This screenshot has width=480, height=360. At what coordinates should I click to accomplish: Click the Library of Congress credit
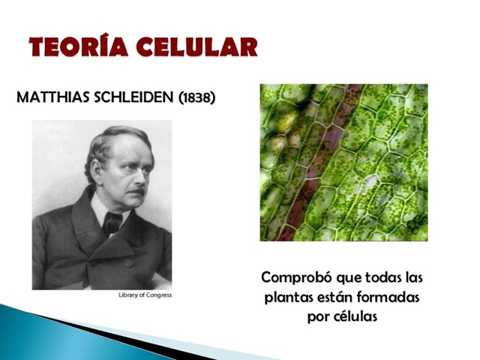tap(145, 295)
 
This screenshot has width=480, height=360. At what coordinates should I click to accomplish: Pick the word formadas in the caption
tap(388, 297)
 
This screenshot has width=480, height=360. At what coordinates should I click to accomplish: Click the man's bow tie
tap(112, 220)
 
